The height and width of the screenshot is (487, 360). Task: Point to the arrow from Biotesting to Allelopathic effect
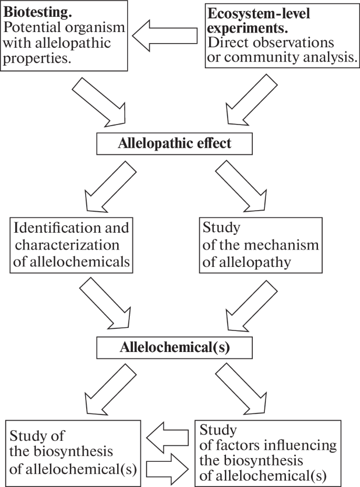100,102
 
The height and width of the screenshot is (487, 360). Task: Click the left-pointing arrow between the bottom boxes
167,436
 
